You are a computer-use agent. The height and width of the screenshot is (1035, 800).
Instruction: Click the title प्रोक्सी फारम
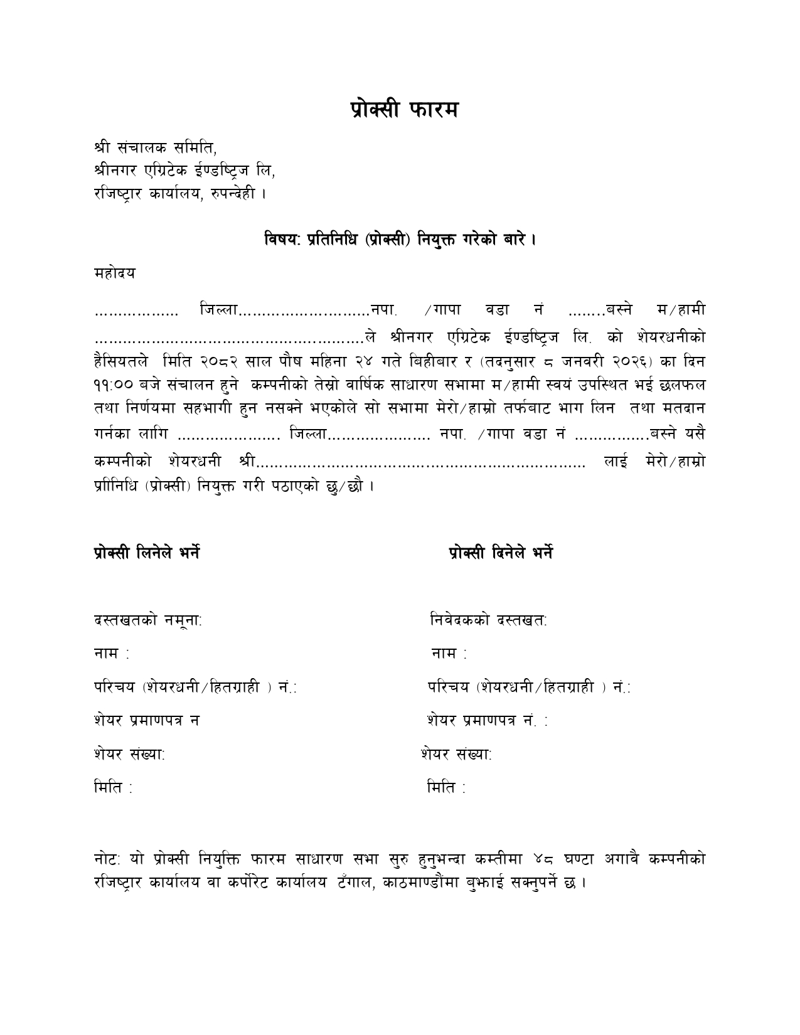point(404,110)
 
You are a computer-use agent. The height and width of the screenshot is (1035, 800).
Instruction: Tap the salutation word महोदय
point(115,273)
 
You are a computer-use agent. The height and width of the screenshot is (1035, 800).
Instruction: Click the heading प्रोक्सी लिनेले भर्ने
point(147,553)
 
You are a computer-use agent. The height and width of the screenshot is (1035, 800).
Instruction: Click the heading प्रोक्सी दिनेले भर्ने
point(501,553)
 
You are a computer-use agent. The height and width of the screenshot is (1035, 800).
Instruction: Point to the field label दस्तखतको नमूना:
point(148,620)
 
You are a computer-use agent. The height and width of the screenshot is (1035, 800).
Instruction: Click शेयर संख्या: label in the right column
point(456,755)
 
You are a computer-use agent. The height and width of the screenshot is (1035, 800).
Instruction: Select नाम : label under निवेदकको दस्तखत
point(449,654)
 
